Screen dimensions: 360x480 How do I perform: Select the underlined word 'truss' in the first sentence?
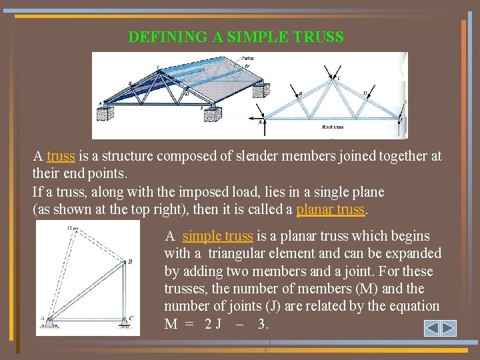(x=61, y=156)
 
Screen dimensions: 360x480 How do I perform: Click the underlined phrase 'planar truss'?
(x=331, y=209)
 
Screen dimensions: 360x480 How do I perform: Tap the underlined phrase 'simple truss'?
(x=218, y=236)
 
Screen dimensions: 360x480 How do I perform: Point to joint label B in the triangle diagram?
(x=130, y=262)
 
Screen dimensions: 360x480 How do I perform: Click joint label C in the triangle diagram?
(x=131, y=318)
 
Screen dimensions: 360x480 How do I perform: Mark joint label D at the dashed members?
(x=69, y=228)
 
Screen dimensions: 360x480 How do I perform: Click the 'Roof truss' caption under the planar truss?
(x=333, y=127)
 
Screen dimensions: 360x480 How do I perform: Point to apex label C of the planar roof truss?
(x=338, y=77)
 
